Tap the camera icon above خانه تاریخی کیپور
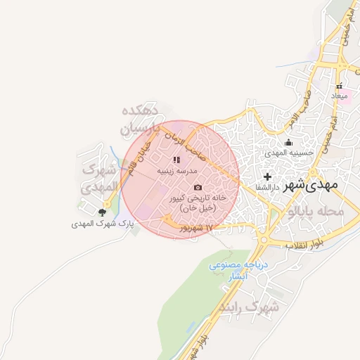(198, 188)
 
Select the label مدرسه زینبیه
(176, 171)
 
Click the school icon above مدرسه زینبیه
(176, 160)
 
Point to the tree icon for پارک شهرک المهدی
(103, 212)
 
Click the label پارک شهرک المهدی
(103, 224)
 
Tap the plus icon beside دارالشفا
(266, 176)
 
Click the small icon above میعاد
(340, 86)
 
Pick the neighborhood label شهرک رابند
(249, 307)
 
